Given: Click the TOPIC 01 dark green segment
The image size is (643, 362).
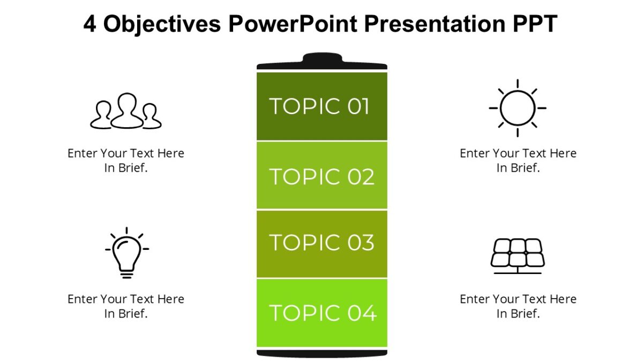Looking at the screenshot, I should (x=322, y=106).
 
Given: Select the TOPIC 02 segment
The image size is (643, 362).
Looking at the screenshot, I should (x=322, y=175).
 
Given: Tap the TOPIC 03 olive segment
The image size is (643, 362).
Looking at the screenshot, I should (x=322, y=243).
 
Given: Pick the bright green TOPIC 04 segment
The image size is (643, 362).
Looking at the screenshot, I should (x=322, y=313).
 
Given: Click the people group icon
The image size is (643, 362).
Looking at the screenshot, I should (x=126, y=112).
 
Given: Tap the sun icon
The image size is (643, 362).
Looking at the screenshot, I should (x=517, y=108).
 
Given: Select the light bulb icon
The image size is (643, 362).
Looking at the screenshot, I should (x=126, y=253).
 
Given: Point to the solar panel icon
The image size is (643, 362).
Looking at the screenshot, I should (x=518, y=254).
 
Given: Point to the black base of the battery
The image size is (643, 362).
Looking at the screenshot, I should (x=322, y=353).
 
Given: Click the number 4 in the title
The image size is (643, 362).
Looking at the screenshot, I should (x=90, y=24).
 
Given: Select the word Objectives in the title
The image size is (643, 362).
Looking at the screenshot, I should (x=162, y=24).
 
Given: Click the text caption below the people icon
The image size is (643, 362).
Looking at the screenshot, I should (x=126, y=160).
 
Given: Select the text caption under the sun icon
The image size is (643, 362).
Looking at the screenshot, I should (x=518, y=160).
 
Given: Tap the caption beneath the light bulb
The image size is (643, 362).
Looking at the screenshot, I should (x=126, y=306).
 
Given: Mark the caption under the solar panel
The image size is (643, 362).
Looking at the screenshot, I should (x=518, y=306).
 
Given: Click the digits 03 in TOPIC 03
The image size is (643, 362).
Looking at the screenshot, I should (x=360, y=243).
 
